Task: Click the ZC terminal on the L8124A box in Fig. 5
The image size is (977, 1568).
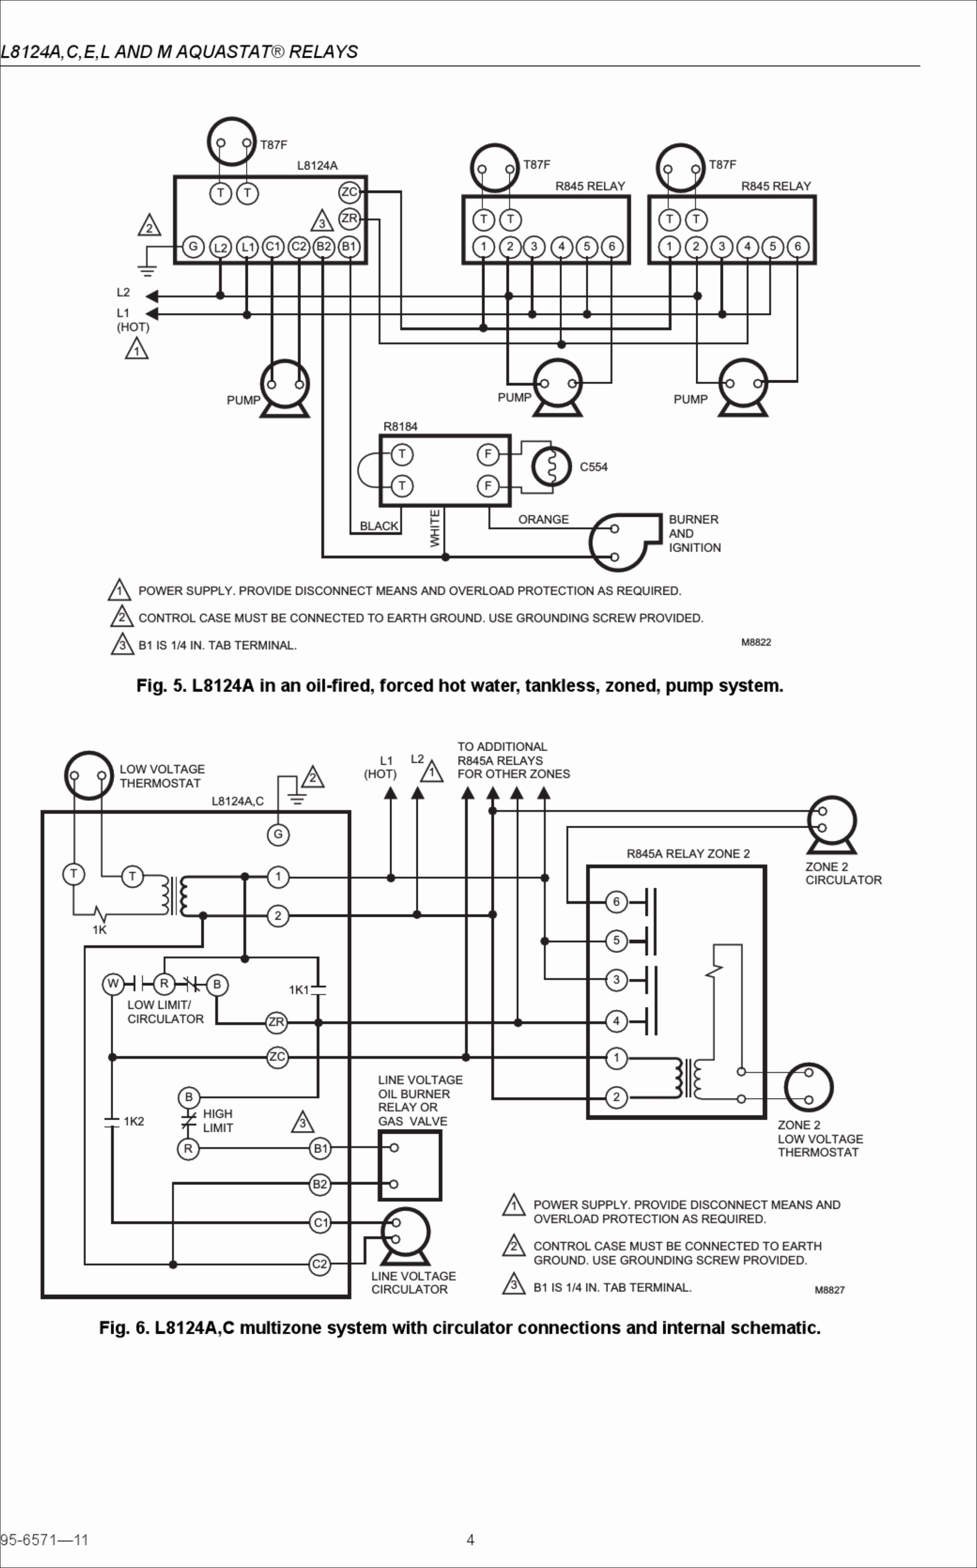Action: tap(349, 192)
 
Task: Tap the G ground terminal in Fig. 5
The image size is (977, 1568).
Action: tap(192, 246)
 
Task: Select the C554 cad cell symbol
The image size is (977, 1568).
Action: tap(551, 466)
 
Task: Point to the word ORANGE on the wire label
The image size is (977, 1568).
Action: tap(543, 520)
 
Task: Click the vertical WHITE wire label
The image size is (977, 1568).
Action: tap(435, 528)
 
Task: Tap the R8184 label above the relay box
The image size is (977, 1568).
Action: tap(400, 426)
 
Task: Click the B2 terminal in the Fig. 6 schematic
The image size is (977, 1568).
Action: tap(320, 1184)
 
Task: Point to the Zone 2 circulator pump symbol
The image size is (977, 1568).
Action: tap(831, 825)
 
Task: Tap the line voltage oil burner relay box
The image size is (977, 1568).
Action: tap(410, 1166)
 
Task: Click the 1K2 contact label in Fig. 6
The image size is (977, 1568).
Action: tap(134, 1121)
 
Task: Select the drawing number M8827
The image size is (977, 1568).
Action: tap(829, 1290)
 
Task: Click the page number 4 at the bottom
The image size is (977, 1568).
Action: tap(470, 1540)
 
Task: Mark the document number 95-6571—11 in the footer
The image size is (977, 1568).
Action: tap(44, 1540)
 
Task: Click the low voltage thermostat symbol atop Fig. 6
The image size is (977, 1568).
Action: tap(88, 775)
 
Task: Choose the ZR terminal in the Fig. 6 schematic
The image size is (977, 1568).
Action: tap(277, 1022)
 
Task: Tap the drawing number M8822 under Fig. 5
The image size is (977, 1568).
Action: tap(756, 642)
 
